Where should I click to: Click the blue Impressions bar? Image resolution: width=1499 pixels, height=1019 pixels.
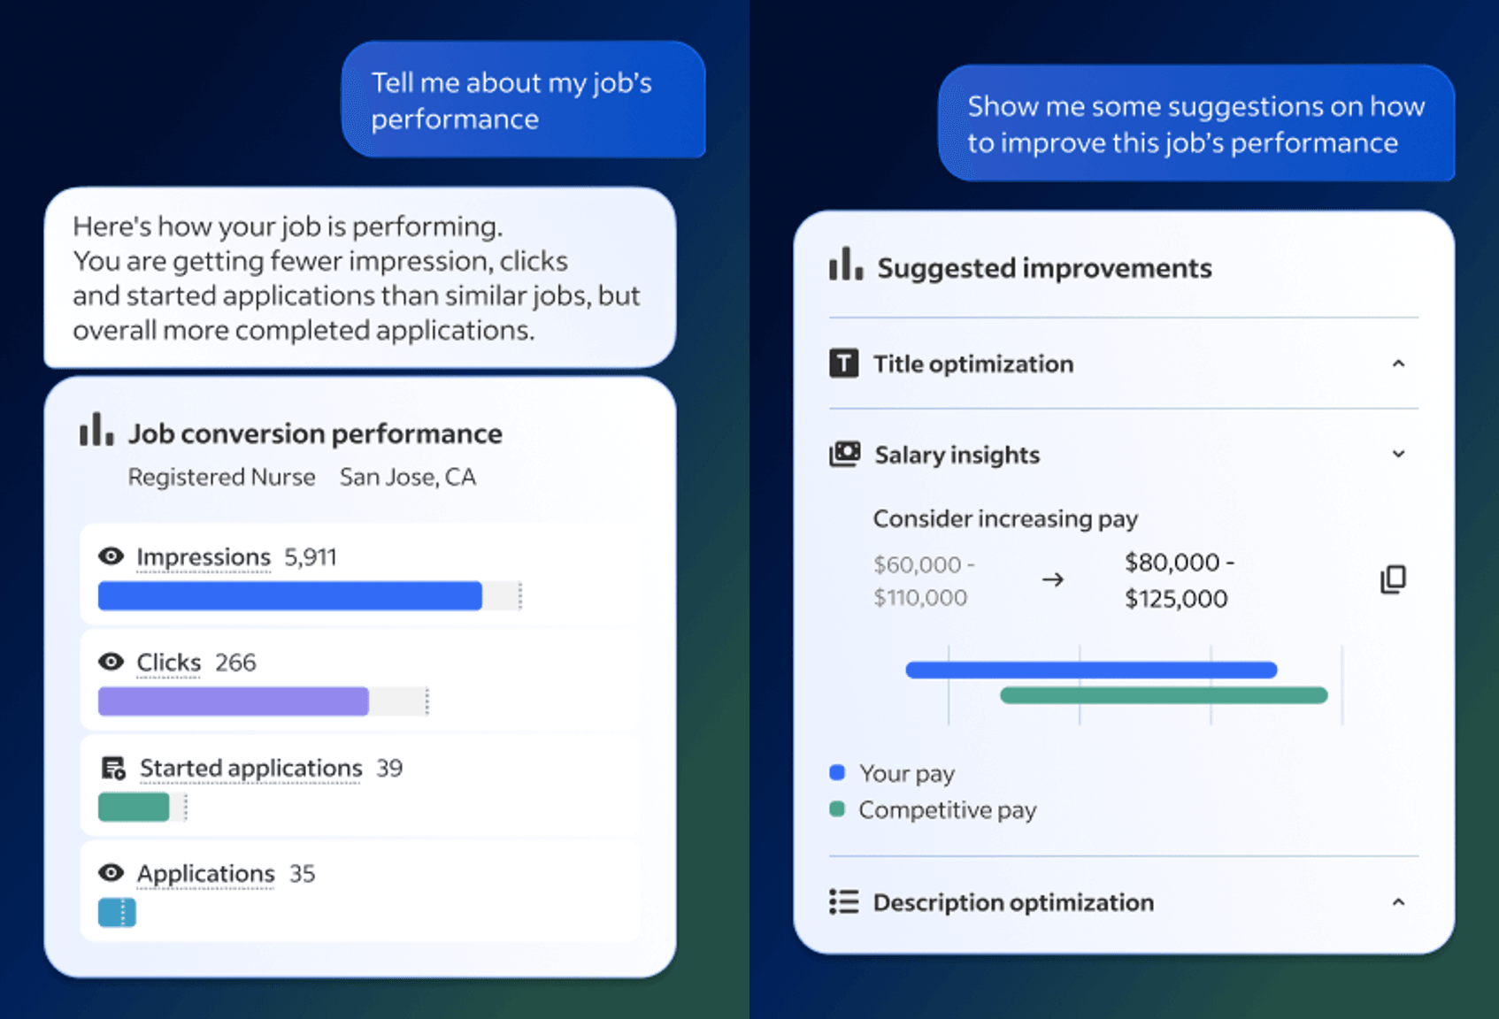[x=289, y=596]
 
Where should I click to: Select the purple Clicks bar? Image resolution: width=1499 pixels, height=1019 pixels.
[x=233, y=701]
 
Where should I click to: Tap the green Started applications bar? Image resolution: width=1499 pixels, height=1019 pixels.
[x=134, y=807]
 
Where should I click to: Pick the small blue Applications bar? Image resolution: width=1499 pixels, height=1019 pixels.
[x=116, y=912]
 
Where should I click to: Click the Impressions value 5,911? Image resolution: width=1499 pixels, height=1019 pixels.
[x=311, y=557]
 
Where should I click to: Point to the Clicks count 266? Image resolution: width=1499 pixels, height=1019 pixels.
[x=235, y=663]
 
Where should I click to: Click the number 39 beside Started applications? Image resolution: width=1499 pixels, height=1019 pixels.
[x=389, y=768]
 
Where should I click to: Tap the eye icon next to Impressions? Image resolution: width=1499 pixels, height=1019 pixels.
[x=111, y=556]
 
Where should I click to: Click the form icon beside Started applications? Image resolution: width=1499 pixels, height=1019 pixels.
[x=113, y=768]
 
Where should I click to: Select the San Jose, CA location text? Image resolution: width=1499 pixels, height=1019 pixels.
[x=408, y=478]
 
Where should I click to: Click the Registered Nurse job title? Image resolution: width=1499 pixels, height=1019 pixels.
[x=221, y=478]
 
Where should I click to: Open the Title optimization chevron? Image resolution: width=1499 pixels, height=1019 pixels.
[x=1398, y=364]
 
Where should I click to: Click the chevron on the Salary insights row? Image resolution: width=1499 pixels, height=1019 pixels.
[x=1398, y=455]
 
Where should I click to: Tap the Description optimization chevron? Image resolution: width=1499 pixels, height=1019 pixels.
[x=1398, y=902]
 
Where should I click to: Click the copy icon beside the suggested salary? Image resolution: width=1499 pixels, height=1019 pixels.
[x=1393, y=579]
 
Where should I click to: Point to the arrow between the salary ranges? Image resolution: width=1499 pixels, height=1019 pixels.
[x=1052, y=580]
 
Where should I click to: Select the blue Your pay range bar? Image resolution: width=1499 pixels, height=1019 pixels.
[x=1091, y=670]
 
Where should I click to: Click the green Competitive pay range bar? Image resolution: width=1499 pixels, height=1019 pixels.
[x=1164, y=696]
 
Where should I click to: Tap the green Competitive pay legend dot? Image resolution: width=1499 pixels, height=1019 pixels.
[x=837, y=809]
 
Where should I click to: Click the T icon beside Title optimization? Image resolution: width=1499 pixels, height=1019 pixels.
[x=843, y=364]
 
